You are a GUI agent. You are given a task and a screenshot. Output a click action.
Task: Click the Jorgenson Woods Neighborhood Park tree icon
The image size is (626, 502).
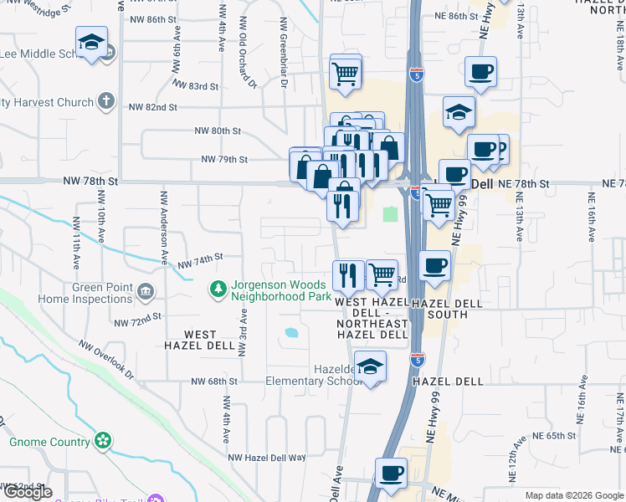coord(218,289)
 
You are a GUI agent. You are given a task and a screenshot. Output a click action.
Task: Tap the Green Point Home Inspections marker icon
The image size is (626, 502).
coord(146,292)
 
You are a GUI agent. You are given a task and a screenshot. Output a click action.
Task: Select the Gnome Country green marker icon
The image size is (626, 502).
coord(103,440)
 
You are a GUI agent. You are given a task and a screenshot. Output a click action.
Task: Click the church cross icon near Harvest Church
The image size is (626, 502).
coord(105,102)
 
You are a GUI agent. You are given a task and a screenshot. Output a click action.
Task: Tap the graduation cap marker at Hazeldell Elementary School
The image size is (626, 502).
coord(370,366)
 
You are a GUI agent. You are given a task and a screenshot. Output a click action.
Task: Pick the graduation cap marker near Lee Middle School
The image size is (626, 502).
coord(91,41)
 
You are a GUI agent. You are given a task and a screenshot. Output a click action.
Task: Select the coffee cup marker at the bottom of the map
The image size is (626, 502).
coord(391,474)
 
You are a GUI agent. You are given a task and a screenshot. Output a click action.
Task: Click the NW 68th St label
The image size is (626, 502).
coord(215,382)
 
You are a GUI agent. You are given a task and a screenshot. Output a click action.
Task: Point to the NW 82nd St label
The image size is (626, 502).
coord(153,107)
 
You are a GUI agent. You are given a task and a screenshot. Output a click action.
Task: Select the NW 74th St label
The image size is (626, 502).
coord(199,260)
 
